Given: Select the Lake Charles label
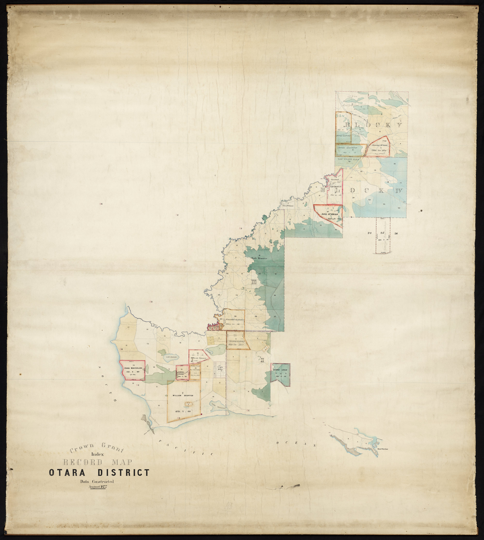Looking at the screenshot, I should click(x=171, y=357).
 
